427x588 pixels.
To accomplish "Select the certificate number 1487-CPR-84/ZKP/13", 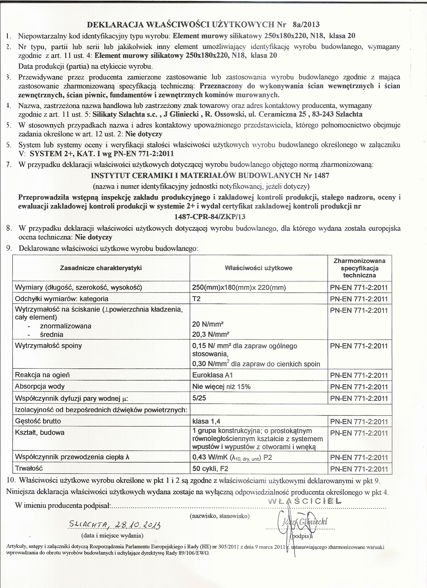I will [x=210, y=217].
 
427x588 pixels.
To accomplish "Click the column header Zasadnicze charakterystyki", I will [x=101, y=268].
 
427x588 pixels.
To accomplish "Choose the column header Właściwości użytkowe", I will [x=258, y=268].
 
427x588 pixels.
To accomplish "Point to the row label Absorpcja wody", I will [x=40, y=386].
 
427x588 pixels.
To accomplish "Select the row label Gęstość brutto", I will [x=38, y=421].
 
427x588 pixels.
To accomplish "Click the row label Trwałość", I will [x=29, y=468].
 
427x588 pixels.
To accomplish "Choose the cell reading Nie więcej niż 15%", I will [x=221, y=387].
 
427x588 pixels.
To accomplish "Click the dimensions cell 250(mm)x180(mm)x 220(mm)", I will [x=239, y=287].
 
